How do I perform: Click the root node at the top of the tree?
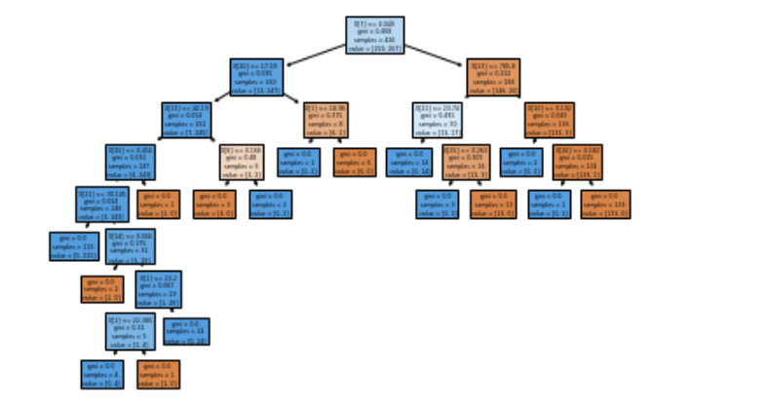[374, 35]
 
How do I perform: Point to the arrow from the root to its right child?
[434, 55]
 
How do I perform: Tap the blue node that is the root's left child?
[256, 77]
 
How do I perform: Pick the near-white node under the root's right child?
[436, 119]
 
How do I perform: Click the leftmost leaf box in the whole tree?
[74, 245]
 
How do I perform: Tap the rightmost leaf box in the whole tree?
[605, 203]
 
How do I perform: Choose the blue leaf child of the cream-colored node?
[271, 203]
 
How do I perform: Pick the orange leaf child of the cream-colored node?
[213, 203]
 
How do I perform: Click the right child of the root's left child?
[324, 119]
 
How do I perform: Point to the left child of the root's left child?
[186, 119]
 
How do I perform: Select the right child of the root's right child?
[549, 119]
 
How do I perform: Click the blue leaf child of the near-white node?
[408, 162]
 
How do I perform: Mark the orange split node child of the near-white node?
[465, 162]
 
